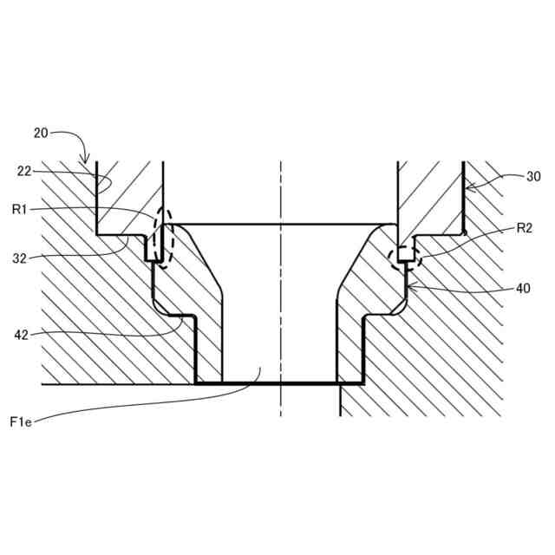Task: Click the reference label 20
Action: point(41,133)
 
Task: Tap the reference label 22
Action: point(23,171)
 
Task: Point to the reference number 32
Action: point(21,258)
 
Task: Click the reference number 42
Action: point(23,334)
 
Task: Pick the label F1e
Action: point(22,422)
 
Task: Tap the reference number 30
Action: point(533,176)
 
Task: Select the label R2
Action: point(523,228)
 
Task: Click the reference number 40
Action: point(522,289)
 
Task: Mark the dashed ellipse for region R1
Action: point(163,237)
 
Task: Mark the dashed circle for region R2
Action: point(405,256)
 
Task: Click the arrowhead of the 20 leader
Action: point(85,161)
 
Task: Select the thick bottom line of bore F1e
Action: point(277,383)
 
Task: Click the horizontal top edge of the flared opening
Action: point(277,224)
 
